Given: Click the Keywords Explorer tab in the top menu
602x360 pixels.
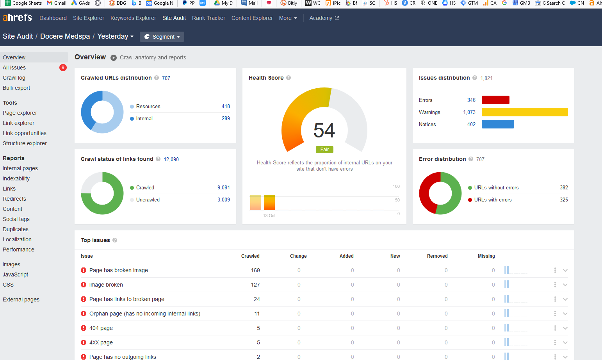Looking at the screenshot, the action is pos(133,18).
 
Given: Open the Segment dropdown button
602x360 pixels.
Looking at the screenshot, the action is pos(162,37).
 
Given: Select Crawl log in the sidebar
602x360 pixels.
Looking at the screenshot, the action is pos(14,78).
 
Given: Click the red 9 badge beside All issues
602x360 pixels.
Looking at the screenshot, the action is pos(63,68).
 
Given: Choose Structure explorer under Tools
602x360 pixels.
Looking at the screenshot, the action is pos(25,143).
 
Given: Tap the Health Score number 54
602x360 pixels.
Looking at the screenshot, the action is pos(324,130).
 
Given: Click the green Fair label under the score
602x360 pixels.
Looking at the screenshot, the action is pos(324,150).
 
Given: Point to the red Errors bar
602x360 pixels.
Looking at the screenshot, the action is pos(495,100).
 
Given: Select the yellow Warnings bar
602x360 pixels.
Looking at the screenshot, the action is pos(525,112).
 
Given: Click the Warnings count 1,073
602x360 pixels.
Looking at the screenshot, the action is pos(469,112).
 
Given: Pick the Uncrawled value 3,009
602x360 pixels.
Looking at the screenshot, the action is pos(224,200).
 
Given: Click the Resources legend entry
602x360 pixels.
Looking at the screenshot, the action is pos(145,107).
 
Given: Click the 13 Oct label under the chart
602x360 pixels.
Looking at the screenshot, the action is pos(269,216).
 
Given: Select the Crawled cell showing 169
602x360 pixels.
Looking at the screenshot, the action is pos(255,270).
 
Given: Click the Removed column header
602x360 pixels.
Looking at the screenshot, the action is pos(437,256).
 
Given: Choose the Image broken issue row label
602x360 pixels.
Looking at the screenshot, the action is pos(106,285).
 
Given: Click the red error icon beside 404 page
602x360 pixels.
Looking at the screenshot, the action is pos(84,328).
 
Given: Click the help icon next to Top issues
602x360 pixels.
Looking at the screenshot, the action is pos(115,240).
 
